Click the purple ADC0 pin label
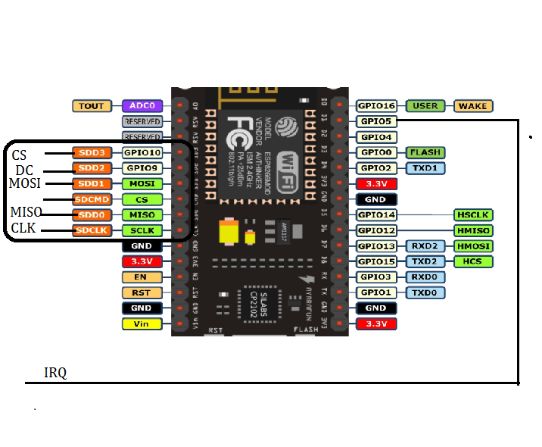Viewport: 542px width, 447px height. [x=142, y=106]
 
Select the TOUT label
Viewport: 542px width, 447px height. [x=92, y=106]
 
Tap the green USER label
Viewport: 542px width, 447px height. [x=425, y=106]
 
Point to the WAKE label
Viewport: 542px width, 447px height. [x=472, y=106]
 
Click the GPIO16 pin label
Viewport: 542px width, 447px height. [x=376, y=106]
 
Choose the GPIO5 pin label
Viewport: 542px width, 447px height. [x=376, y=121]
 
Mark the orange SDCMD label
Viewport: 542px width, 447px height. [x=92, y=199]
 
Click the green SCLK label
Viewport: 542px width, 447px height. [x=142, y=230]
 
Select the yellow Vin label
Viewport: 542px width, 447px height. [x=142, y=324]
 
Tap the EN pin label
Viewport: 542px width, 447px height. [x=142, y=277]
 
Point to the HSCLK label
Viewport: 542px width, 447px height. [x=473, y=215]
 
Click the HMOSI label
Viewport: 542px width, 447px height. [x=473, y=246]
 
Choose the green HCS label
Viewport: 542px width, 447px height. [x=473, y=261]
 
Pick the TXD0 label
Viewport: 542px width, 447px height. [x=425, y=292]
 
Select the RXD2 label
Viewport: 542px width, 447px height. [x=425, y=246]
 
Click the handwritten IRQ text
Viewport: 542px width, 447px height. [x=55, y=373]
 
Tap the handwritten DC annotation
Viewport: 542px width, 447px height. [x=25, y=170]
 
